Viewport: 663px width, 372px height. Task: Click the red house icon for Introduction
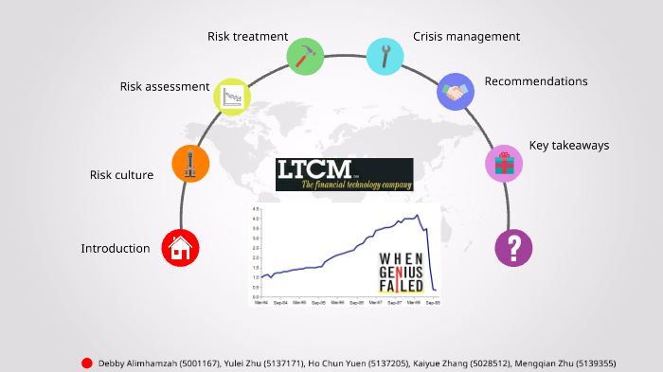coord(180,248)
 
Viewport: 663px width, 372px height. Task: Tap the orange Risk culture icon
coord(190,165)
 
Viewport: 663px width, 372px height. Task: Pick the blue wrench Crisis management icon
coord(385,55)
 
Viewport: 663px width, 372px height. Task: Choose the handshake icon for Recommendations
coord(456,92)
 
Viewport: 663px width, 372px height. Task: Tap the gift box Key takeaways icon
coord(504,164)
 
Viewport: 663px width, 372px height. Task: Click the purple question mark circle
coord(514,249)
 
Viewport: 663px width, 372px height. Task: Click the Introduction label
coord(116,249)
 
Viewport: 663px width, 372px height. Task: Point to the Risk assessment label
coord(165,87)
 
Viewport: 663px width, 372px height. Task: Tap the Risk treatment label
coord(248,37)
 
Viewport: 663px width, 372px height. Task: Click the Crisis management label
coord(467,37)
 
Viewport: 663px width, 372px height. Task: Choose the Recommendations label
coord(536,81)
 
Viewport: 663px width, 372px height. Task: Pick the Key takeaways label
coord(568,146)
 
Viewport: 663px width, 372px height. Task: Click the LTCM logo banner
coord(345,174)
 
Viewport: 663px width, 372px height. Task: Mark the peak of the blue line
coord(417,217)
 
